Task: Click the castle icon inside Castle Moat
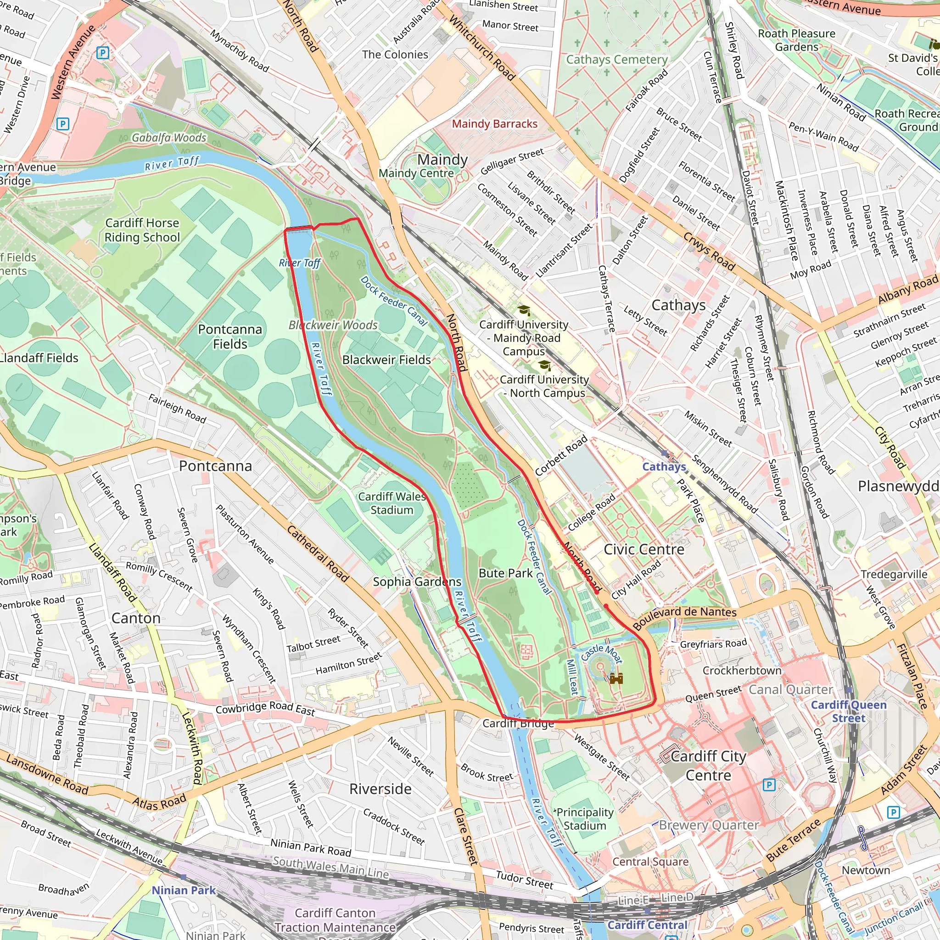(616, 678)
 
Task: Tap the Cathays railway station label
(664, 467)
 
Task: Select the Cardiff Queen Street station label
(849, 711)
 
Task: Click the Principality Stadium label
(585, 819)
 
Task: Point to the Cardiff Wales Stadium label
(392, 503)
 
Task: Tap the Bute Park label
(505, 573)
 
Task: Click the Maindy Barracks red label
(494, 123)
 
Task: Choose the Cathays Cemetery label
(616, 59)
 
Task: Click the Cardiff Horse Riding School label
(142, 230)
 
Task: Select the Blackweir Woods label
(333, 325)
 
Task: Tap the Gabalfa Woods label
(169, 138)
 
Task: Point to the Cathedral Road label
(318, 554)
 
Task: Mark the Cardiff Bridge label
(518, 723)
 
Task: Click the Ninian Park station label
(184, 890)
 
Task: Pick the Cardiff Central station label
(647, 925)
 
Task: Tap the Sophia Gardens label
(417, 582)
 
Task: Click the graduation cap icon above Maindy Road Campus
(524, 310)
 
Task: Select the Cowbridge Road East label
(265, 709)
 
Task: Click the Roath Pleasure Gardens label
(796, 40)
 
